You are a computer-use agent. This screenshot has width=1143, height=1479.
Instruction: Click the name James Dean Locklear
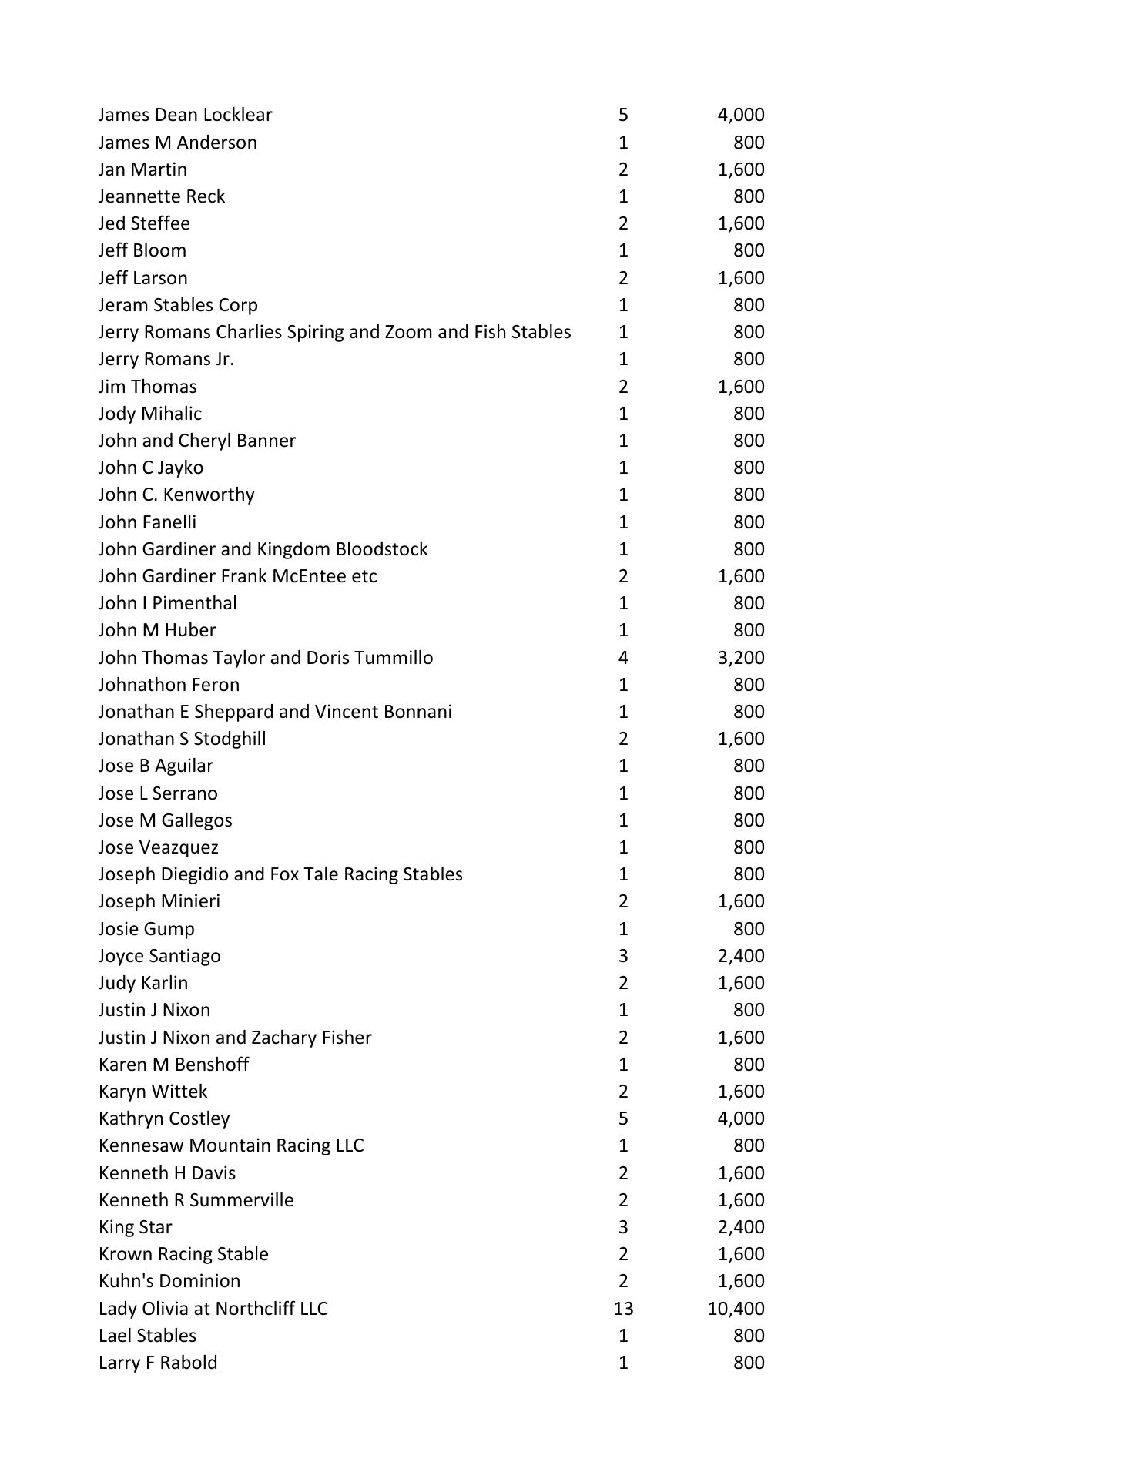(185, 115)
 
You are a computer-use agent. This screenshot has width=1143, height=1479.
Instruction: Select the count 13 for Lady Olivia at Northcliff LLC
(623, 1308)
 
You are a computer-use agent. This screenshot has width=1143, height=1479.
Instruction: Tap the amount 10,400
(736, 1308)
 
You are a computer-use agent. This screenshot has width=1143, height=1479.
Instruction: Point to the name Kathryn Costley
(164, 1118)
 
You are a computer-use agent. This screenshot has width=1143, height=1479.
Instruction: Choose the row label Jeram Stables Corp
(178, 304)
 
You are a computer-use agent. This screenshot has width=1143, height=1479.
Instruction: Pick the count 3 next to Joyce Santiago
(623, 955)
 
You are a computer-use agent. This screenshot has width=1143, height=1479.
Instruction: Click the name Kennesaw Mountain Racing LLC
(231, 1145)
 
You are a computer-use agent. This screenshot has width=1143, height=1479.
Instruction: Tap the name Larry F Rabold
(158, 1362)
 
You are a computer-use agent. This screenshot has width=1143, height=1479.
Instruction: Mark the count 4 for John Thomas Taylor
(623, 657)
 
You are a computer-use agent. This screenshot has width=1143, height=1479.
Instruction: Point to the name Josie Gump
(146, 928)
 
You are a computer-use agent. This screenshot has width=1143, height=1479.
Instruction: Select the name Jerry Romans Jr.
(166, 359)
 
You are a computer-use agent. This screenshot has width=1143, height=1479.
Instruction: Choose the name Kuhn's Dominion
(169, 1280)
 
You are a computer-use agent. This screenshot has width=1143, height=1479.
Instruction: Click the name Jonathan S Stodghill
(182, 738)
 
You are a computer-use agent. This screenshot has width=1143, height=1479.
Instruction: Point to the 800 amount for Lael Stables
(749, 1335)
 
